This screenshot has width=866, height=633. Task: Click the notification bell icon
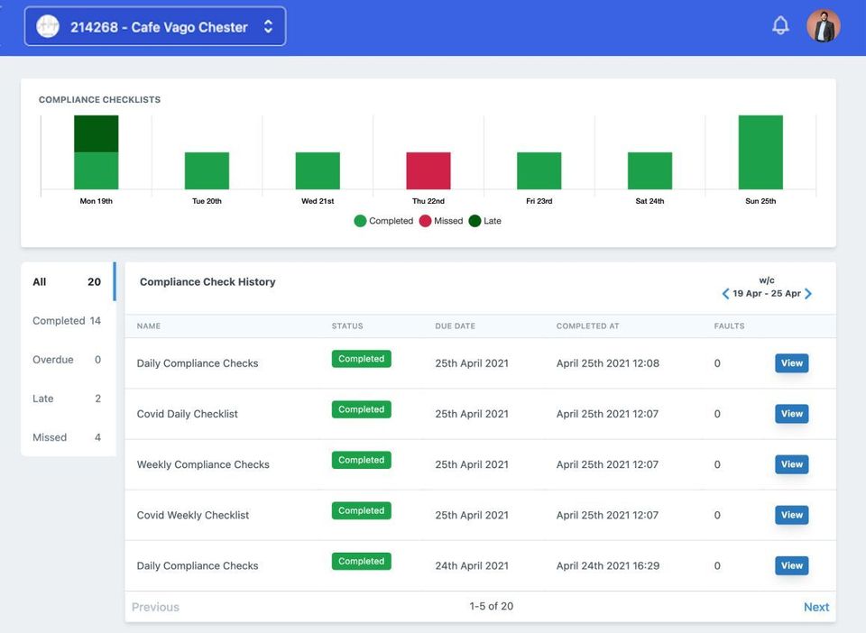(780, 26)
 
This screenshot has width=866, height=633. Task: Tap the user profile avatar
(823, 26)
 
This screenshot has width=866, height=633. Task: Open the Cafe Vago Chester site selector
(155, 27)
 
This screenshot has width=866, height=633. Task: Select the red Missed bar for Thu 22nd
(428, 170)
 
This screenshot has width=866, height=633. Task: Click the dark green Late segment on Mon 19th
(97, 133)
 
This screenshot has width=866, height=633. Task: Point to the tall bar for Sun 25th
(760, 152)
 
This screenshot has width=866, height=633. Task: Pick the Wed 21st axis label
(318, 201)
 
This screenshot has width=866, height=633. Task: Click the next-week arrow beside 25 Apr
(808, 294)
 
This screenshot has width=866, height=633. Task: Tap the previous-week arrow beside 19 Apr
(725, 294)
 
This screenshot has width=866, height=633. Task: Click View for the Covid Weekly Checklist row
(791, 515)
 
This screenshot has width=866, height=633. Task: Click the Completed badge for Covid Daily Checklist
(361, 409)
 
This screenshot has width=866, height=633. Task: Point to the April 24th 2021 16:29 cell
(607, 566)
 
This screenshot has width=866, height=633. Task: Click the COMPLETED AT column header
(587, 326)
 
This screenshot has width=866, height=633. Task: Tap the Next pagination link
(815, 607)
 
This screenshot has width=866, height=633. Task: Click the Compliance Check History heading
(207, 282)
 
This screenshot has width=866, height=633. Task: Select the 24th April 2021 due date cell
(471, 566)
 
